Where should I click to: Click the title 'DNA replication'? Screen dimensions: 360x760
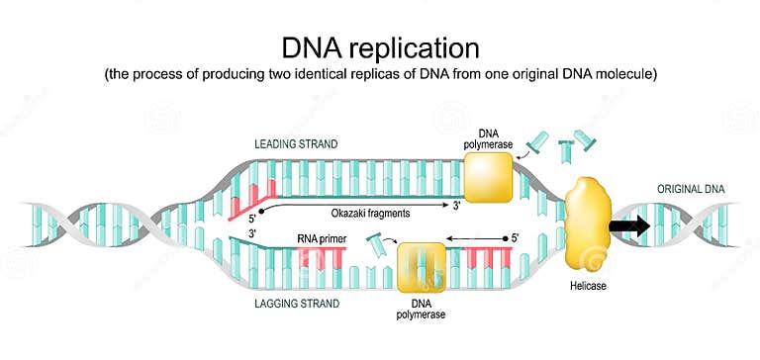(x=381, y=46)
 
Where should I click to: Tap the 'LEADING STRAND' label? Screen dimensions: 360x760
(x=296, y=144)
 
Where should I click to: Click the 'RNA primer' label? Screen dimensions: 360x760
(x=322, y=238)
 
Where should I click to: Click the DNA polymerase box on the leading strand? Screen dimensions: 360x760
(x=489, y=179)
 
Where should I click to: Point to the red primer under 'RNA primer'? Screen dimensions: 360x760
(x=323, y=258)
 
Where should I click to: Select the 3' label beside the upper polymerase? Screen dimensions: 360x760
(x=456, y=207)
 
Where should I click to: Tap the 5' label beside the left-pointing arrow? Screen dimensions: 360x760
(x=515, y=238)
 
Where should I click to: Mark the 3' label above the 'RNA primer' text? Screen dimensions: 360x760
(x=253, y=231)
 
